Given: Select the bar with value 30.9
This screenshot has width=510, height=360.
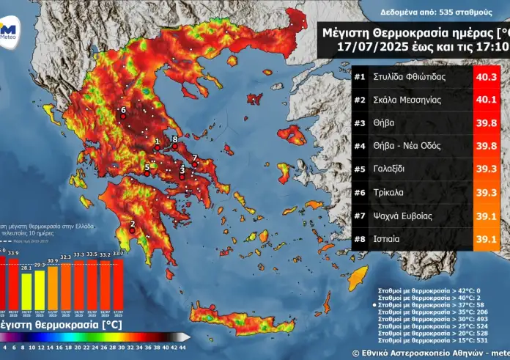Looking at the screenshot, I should click(x=52, y=287).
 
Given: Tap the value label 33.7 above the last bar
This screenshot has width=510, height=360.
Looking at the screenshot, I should click(x=117, y=254).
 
